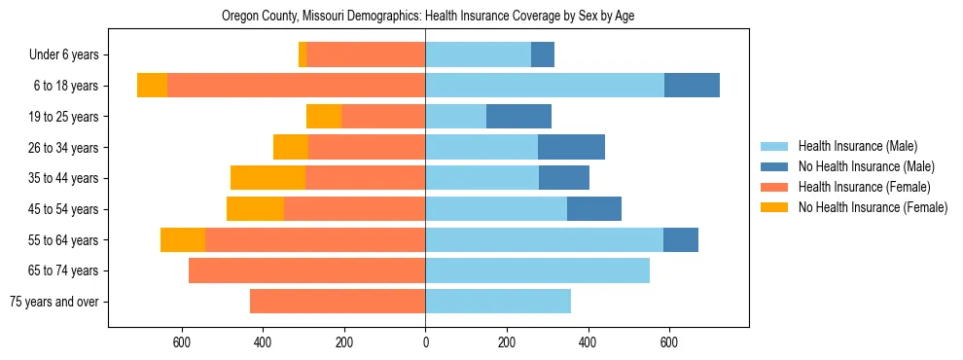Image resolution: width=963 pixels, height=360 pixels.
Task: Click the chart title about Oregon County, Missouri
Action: click(x=428, y=17)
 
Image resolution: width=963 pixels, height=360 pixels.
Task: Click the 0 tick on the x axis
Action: click(x=425, y=342)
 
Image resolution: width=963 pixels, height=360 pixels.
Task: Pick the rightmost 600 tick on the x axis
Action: click(x=669, y=342)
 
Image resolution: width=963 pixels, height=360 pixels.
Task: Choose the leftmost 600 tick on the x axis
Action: click(x=181, y=342)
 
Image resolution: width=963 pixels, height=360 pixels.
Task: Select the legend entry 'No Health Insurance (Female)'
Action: click(x=873, y=207)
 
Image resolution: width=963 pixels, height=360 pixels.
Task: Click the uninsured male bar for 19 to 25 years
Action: click(x=518, y=117)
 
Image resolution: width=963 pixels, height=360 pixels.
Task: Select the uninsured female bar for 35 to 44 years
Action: click(x=267, y=178)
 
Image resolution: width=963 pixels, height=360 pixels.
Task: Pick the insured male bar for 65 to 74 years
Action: click(x=537, y=270)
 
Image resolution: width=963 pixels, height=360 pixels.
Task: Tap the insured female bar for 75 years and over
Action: click(x=338, y=302)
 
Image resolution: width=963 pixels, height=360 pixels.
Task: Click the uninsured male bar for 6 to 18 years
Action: click(x=692, y=86)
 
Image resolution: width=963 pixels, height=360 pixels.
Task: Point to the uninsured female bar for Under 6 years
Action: click(x=303, y=55)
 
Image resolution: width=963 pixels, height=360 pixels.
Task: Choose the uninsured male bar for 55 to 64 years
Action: click(x=681, y=239)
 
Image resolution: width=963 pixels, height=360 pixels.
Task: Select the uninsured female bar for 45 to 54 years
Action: click(x=255, y=209)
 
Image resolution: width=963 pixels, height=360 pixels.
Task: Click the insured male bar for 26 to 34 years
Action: click(x=481, y=147)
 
